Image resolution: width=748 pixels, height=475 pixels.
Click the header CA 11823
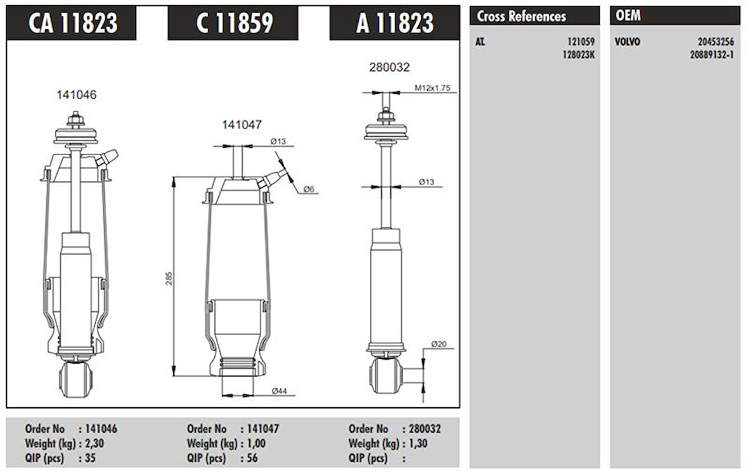[72, 23]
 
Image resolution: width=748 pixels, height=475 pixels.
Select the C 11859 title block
[234, 23]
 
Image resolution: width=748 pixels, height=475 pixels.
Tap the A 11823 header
[395, 23]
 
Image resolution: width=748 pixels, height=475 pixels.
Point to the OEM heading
[628, 16]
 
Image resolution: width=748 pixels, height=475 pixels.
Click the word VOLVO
[628, 42]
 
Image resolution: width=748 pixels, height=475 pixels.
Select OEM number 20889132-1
[711, 54]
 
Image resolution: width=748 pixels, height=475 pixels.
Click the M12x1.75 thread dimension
[432, 88]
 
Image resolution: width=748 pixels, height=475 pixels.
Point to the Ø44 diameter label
[280, 391]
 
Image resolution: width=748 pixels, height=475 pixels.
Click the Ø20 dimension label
[439, 344]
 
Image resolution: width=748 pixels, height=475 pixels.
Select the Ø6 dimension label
[309, 189]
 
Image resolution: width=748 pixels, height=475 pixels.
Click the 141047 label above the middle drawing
[242, 125]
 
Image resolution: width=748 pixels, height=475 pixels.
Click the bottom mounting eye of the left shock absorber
[76, 378]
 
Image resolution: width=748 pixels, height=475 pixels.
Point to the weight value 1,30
[418, 444]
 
